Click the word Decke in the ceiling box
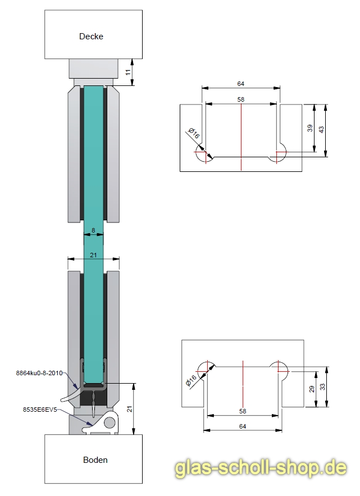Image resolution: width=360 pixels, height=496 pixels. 91,37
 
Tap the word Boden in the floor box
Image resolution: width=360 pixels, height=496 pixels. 95,459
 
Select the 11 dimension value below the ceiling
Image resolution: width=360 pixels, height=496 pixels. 129,72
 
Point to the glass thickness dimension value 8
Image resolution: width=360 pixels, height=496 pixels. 93,230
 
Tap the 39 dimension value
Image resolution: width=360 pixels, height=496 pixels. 310,128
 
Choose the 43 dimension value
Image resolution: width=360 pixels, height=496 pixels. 321,129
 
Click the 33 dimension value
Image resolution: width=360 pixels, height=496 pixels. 322,387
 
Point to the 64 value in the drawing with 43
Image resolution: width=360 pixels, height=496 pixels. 241,84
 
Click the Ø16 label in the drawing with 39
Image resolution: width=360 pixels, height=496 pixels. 194,134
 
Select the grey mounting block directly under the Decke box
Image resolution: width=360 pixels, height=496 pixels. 94,69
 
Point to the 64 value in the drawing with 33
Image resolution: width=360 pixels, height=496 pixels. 243,427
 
